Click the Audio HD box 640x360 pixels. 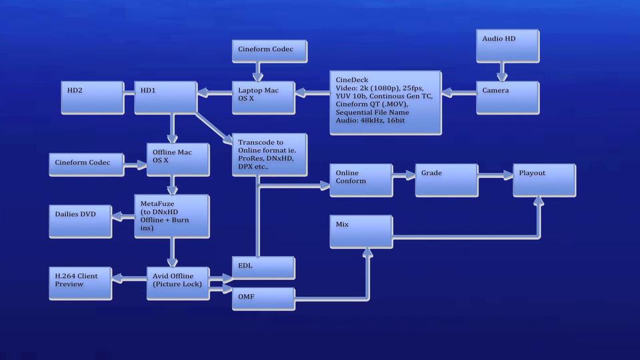508,46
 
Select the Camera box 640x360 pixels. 508,97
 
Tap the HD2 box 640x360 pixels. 93,97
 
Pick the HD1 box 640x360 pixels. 166,97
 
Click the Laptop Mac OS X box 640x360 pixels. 264,97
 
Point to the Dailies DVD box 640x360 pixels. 81,221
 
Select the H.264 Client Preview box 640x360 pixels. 81,284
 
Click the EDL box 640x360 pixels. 264,268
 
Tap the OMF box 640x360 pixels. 264,299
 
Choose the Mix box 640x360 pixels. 361,232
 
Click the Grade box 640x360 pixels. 447,181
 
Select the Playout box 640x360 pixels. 545,181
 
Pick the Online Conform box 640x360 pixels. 361,181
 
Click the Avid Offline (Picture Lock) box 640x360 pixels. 178,284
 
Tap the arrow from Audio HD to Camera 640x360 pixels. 502,72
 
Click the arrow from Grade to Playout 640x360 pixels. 495,175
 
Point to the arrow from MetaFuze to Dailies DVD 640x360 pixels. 123,216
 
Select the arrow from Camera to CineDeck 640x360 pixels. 459,93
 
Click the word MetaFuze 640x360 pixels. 157,203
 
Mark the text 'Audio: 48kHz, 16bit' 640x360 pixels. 370,121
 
